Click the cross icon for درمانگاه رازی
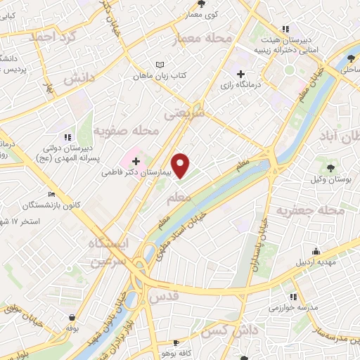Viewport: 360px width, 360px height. click(x=240, y=74)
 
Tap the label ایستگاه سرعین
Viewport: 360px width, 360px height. click(x=110, y=253)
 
